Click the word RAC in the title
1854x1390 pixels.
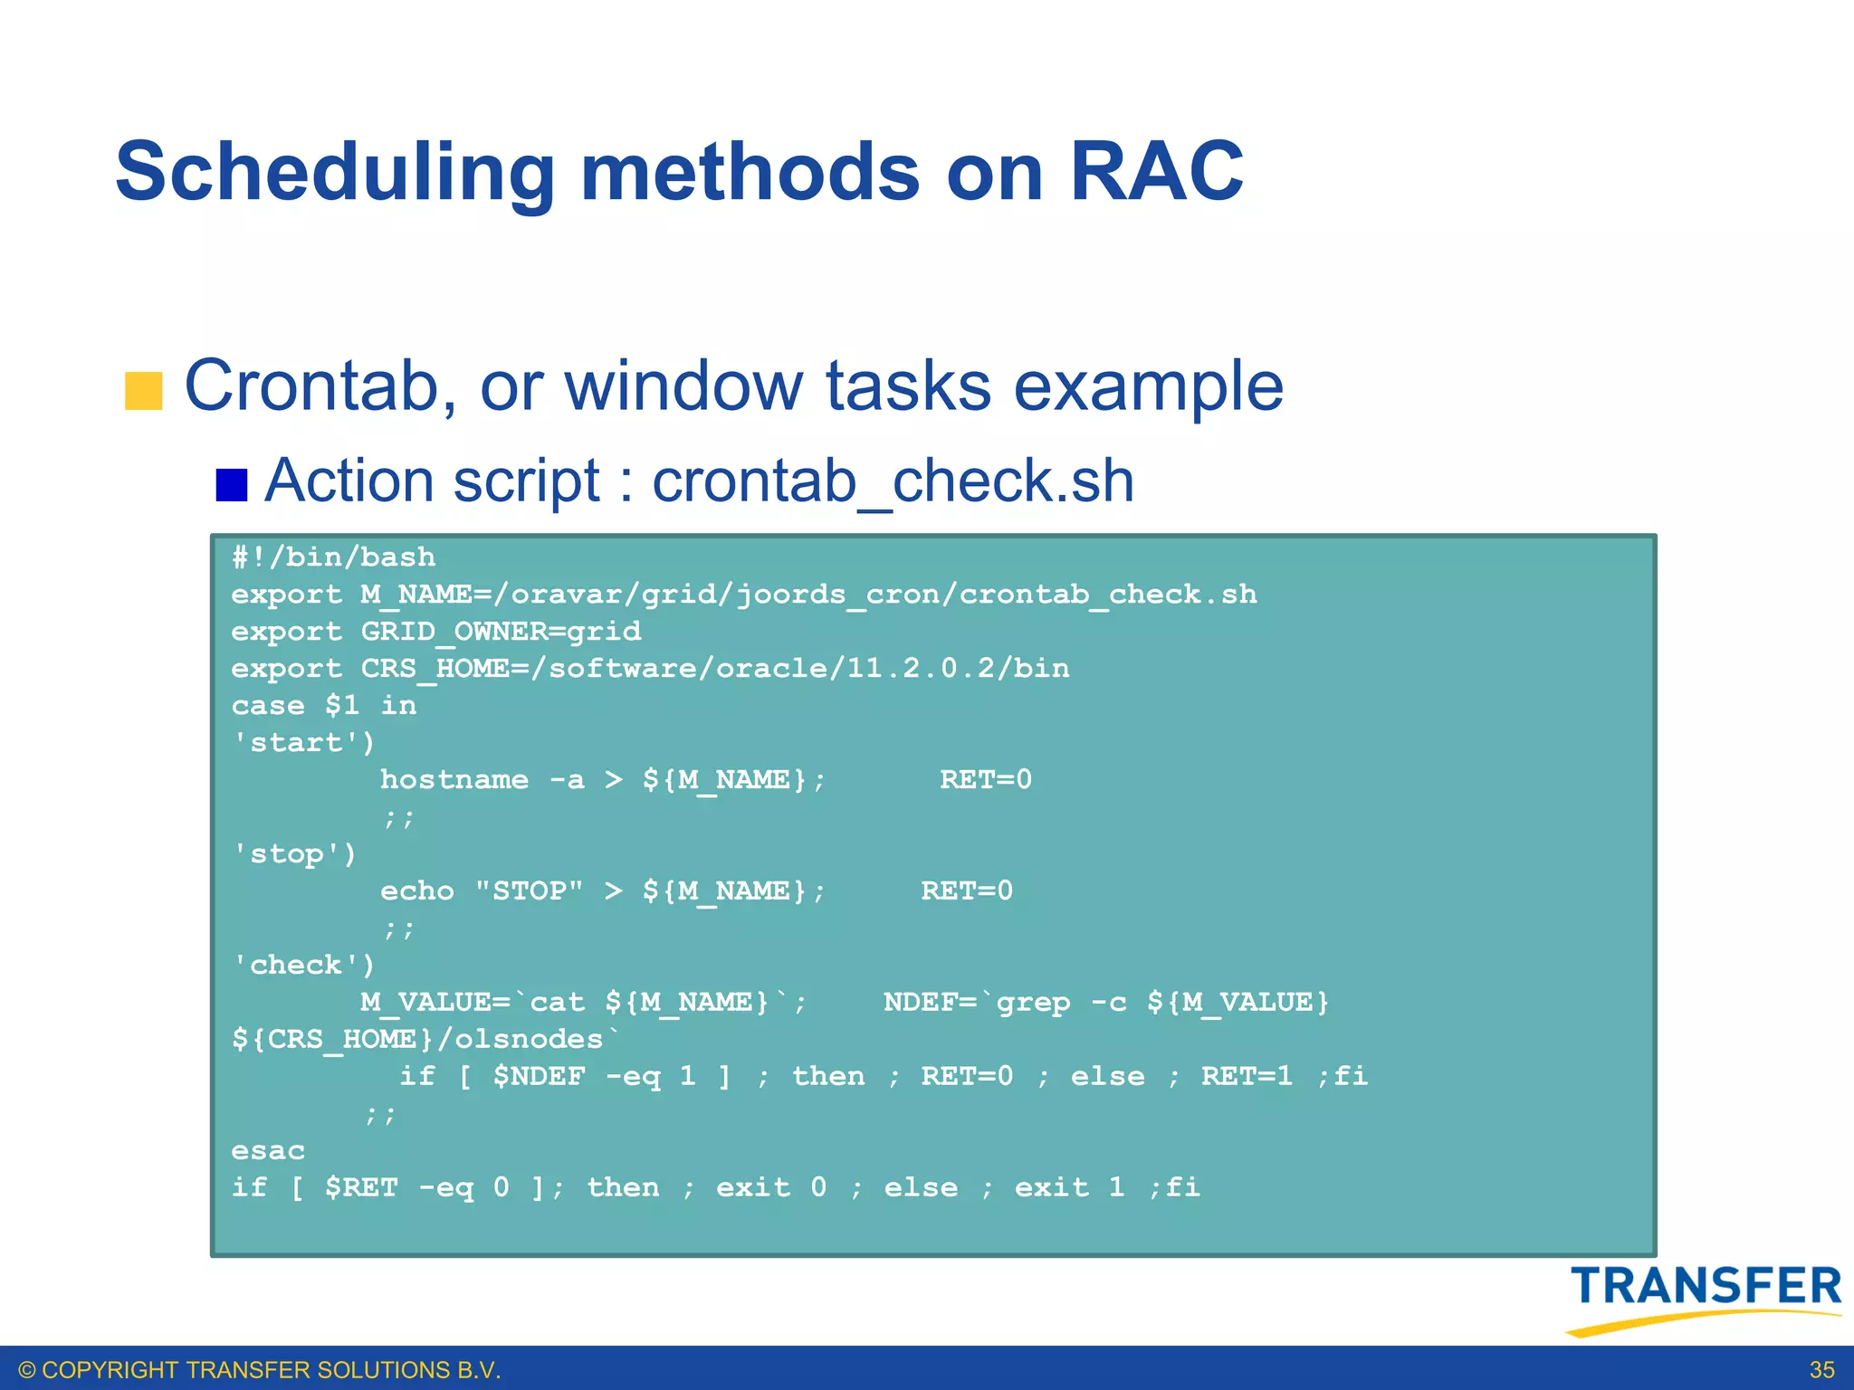[x=1156, y=172]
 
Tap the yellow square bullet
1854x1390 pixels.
[x=143, y=391]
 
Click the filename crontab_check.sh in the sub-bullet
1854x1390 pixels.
[x=893, y=481]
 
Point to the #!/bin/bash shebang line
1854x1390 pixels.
[x=333, y=557]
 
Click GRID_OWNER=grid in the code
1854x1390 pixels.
[x=501, y=631]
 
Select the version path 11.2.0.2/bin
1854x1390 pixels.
[x=958, y=668]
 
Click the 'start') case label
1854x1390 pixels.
[x=303, y=742]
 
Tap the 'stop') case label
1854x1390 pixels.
[x=294, y=853]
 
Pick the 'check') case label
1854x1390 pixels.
[x=303, y=965]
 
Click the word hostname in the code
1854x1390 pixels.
[x=454, y=779]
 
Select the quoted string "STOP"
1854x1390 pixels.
[x=529, y=890]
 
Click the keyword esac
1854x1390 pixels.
[x=268, y=1150]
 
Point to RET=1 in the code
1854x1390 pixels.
[x=1247, y=1076]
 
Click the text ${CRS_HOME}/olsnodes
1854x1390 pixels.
[x=425, y=1039]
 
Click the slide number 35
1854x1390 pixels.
[x=1821, y=1369]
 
